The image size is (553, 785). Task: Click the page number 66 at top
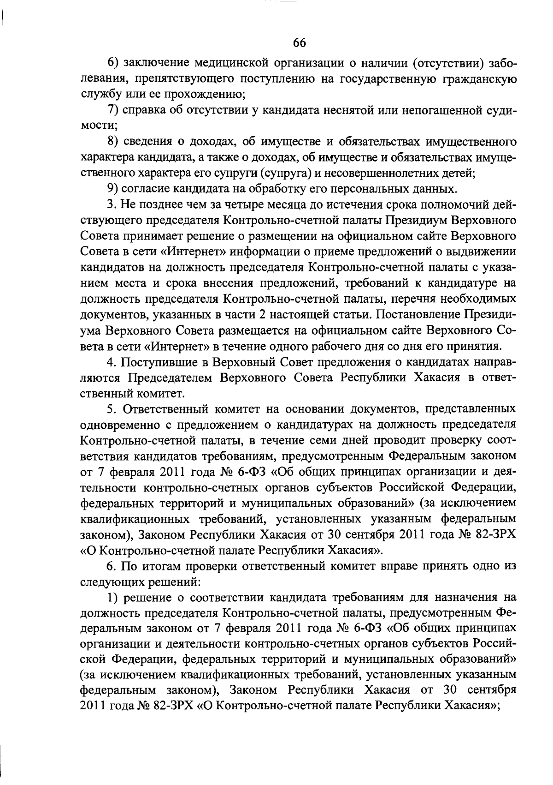[299, 43]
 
